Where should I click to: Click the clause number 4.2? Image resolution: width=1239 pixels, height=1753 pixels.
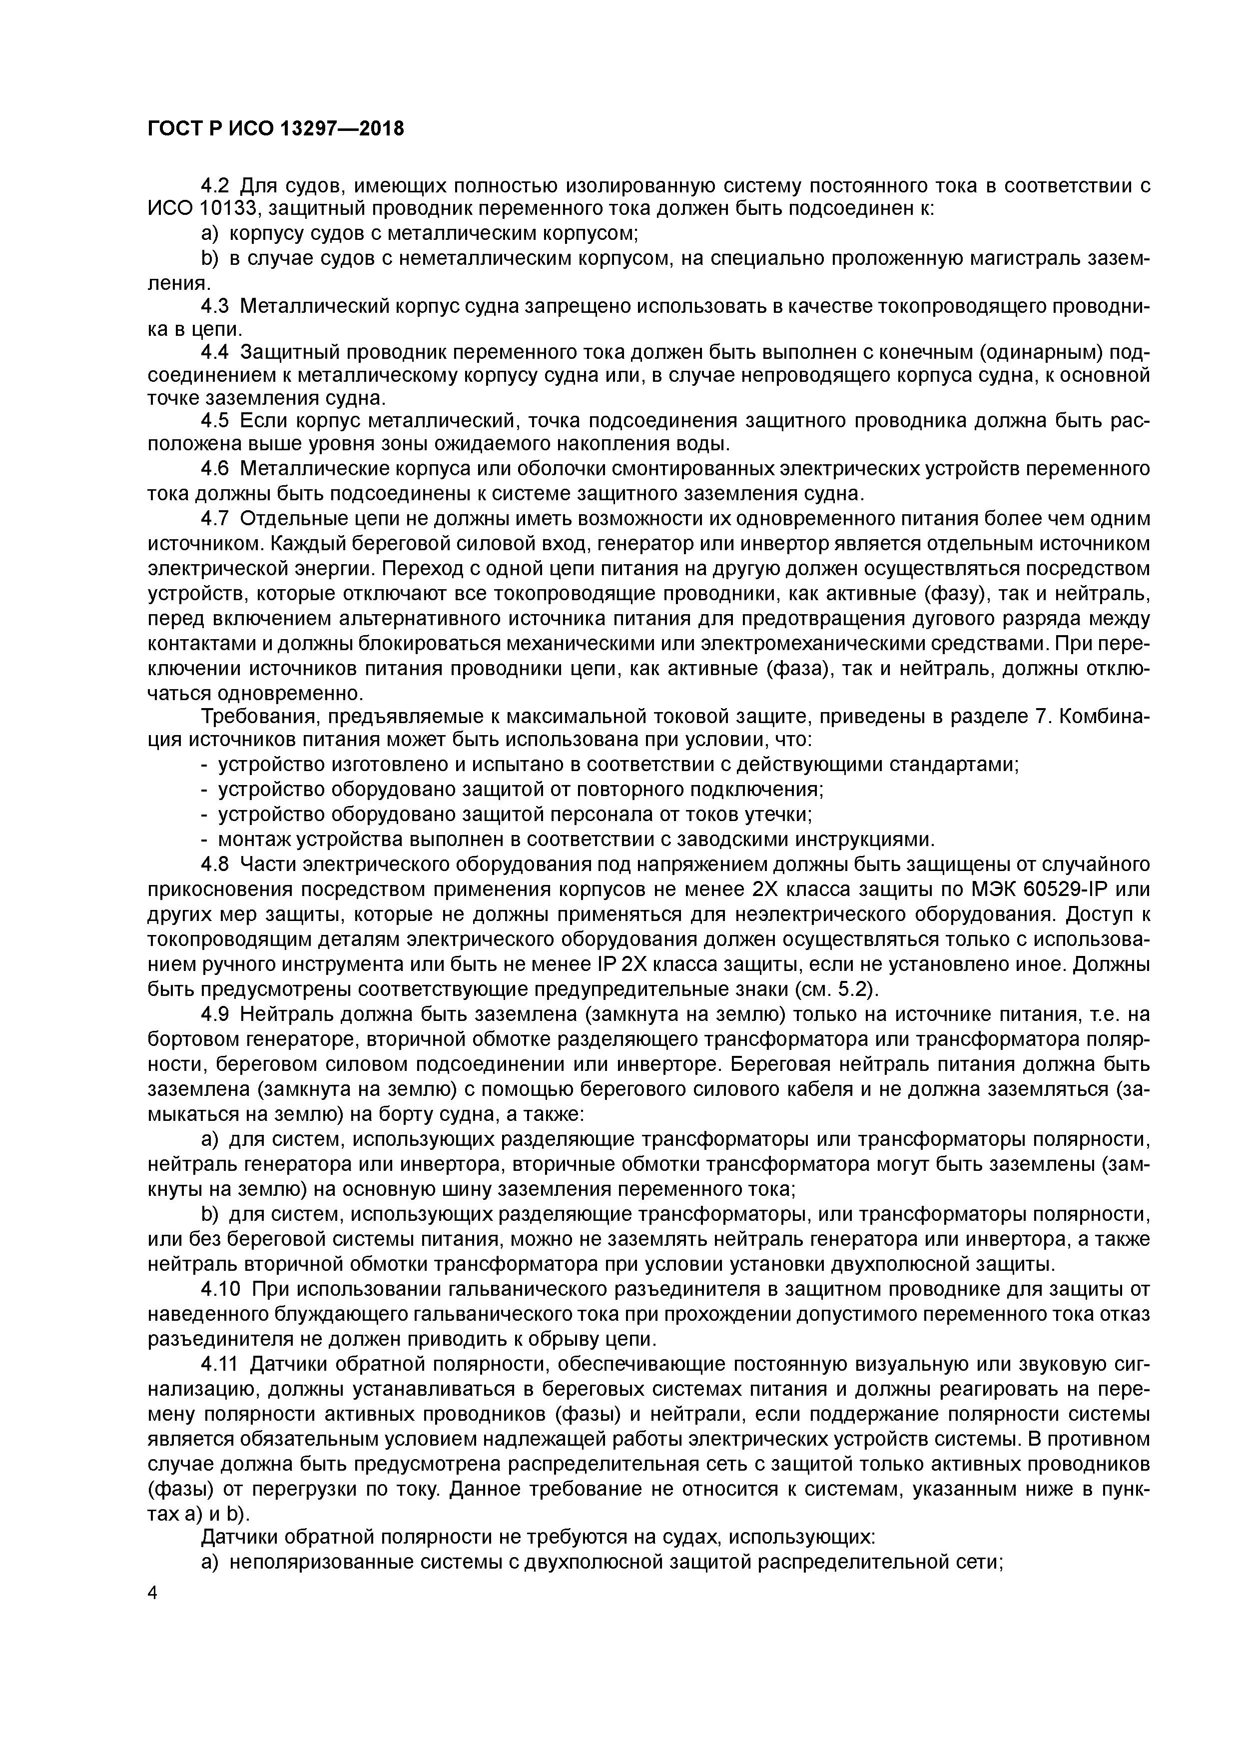(214, 185)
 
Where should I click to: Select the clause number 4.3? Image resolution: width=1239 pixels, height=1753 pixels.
(214, 306)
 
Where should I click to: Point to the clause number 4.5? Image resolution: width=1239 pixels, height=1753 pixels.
(214, 421)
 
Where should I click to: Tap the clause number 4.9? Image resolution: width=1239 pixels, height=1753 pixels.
(214, 1015)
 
